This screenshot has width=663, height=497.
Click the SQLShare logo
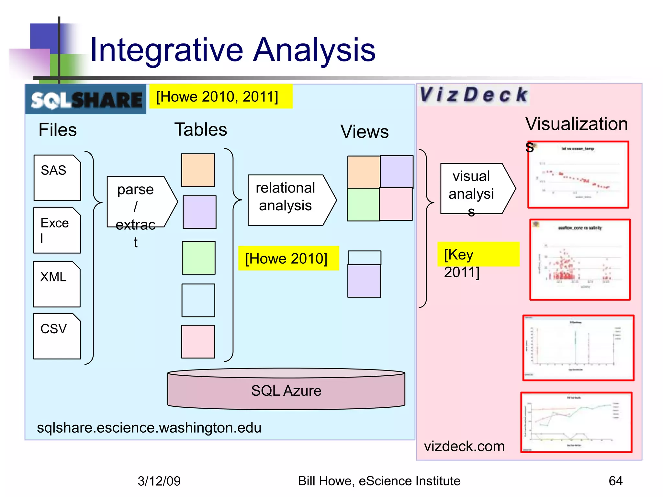click(x=86, y=99)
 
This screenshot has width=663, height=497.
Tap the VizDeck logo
click(x=473, y=95)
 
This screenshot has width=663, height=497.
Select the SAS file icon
click(x=57, y=178)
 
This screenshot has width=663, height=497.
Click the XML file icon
click(x=57, y=284)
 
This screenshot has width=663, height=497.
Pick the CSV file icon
click(x=57, y=336)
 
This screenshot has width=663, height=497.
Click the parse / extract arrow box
click(x=139, y=202)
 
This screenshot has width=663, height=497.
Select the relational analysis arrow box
click(x=290, y=200)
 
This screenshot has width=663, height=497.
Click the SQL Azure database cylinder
click(x=286, y=390)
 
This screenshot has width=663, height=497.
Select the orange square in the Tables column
click(x=198, y=170)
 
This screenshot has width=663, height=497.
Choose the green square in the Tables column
click(x=198, y=258)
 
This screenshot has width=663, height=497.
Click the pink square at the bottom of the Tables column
click(x=198, y=342)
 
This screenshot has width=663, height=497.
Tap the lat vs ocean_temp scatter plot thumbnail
click(x=578, y=174)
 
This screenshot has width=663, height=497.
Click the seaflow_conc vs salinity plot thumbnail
click(x=580, y=260)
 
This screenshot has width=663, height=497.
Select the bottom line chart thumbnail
click(x=576, y=422)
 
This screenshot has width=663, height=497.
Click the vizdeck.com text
click(x=464, y=447)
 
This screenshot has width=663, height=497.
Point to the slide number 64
click(x=615, y=481)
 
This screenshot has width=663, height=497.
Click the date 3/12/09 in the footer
click(x=159, y=481)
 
